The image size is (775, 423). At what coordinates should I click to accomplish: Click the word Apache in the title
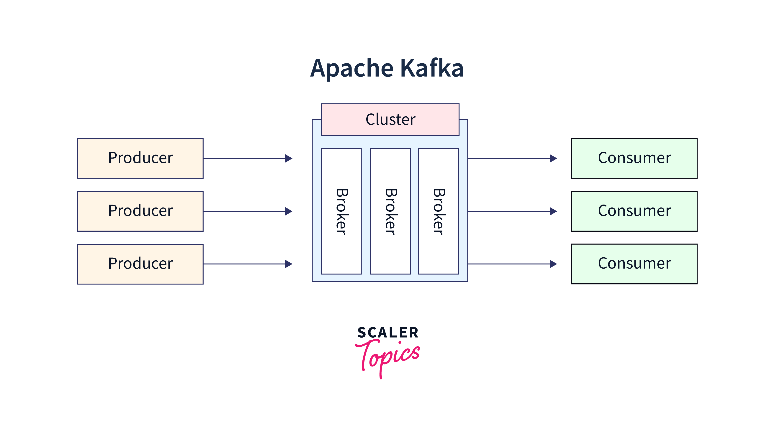tap(352, 69)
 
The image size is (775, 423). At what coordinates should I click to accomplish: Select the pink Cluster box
tap(390, 119)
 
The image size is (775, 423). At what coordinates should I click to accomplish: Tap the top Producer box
tap(140, 158)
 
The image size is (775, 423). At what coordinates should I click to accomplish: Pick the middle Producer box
tap(140, 211)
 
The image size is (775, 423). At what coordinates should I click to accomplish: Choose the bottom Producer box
tap(140, 264)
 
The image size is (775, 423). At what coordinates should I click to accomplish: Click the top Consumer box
tap(634, 158)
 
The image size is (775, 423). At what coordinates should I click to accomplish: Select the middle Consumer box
tap(634, 211)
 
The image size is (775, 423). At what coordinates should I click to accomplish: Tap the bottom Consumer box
tap(634, 264)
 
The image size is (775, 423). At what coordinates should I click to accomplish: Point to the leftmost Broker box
tap(341, 211)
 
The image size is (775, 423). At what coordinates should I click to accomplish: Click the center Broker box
tap(390, 211)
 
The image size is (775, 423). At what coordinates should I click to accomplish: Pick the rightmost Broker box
tap(438, 211)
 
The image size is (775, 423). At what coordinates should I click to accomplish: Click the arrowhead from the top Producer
tap(288, 158)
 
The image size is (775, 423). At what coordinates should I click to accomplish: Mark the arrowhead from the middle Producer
tap(288, 211)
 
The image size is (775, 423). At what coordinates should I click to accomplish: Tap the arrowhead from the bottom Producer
tap(288, 264)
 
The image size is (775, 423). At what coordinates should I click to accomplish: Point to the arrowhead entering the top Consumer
tap(553, 158)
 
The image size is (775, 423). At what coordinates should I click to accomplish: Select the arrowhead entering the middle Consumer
tap(553, 211)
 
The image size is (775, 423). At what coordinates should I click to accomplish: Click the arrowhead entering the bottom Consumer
tap(553, 264)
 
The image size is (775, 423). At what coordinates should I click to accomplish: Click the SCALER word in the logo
tap(388, 332)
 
